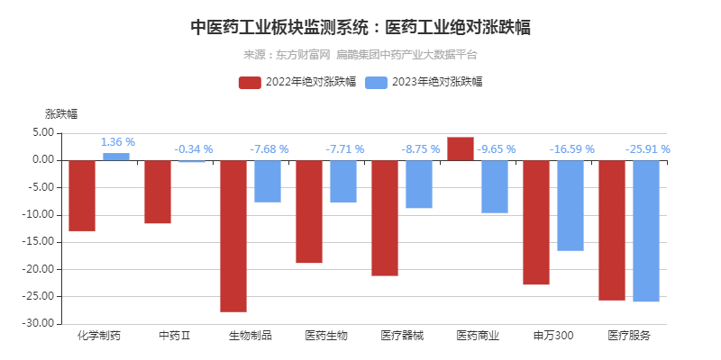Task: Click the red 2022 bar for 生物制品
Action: coord(233,236)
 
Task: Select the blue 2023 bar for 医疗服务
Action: coord(645,230)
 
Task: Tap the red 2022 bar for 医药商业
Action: coord(461,148)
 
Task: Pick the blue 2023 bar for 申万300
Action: coord(570,205)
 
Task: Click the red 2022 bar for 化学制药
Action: coord(82,195)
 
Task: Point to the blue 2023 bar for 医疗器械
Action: coord(418,184)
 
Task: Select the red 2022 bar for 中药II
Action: coord(158,192)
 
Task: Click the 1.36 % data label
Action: coord(118,142)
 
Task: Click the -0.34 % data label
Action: coord(193,149)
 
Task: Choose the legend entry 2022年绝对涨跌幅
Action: coord(297,82)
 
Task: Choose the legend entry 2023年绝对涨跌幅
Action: coord(424,82)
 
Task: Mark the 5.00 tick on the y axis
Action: coord(43,132)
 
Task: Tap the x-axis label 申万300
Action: coord(552,336)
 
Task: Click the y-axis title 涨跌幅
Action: coord(61,113)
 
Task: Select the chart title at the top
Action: coord(360,28)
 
